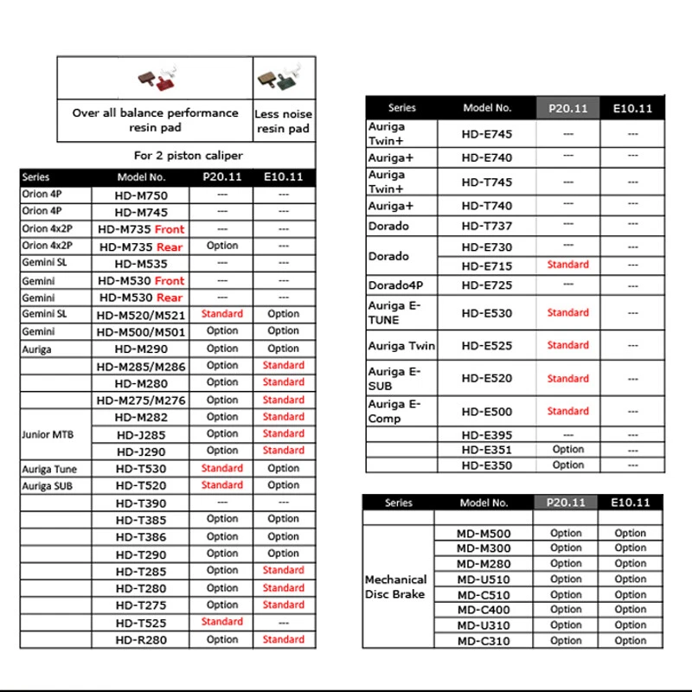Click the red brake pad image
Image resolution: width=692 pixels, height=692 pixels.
tap(161, 79)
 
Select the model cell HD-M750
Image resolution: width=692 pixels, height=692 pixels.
tap(141, 195)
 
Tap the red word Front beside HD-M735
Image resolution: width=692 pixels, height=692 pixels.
tap(170, 229)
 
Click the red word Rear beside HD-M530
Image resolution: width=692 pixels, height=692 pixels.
tap(170, 298)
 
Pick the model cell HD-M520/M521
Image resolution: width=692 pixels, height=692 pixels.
tap(141, 314)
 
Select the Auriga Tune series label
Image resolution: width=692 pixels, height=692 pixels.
tap(49, 469)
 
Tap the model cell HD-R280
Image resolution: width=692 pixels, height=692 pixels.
tap(141, 640)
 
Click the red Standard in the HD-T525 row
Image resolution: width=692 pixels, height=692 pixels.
tap(222, 622)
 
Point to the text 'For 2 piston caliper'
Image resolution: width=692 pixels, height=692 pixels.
tap(188, 156)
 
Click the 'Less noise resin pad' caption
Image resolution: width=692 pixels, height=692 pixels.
tap(284, 121)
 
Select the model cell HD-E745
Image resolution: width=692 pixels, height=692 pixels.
tap(487, 134)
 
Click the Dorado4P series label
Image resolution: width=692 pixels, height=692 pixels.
tap(395, 285)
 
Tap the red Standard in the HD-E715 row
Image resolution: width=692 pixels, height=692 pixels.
tap(567, 265)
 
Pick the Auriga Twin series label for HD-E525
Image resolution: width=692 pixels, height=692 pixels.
tap(401, 346)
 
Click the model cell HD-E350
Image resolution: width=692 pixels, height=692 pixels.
tap(487, 465)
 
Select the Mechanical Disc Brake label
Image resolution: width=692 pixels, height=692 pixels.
tap(396, 586)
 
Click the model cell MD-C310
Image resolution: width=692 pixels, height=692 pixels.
tap(484, 641)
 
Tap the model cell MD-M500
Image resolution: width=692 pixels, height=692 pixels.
tap(484, 534)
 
